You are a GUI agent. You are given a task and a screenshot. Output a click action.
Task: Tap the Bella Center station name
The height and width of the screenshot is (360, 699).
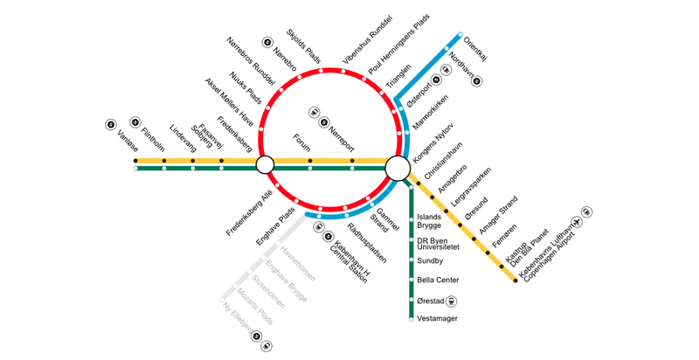coord(438,280)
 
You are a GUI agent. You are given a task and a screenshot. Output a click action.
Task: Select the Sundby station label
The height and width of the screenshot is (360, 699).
coord(430,260)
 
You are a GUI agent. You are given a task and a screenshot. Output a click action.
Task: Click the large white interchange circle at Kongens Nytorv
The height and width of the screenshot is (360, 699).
coord(398,168)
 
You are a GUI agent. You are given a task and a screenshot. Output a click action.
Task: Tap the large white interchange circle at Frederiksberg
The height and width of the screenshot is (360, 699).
coord(266,164)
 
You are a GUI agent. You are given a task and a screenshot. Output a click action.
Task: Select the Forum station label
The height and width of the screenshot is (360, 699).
coord(301,142)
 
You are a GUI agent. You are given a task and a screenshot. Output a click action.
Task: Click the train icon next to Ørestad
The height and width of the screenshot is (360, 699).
coord(451,301)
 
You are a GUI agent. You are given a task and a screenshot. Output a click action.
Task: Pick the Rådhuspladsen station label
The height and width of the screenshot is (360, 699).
coord(367,243)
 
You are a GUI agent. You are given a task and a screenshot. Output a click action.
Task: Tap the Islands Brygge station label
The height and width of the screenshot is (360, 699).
coord(429,220)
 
